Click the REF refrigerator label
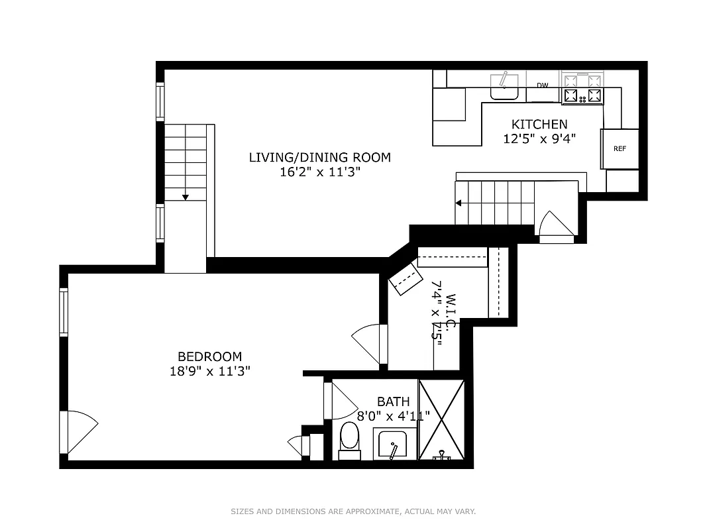coord(620,149)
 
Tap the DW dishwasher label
coord(543,85)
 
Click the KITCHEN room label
coord(539,124)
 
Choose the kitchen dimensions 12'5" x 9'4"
coord(539,139)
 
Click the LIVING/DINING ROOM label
coord(319,158)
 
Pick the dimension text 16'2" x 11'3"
coord(319,173)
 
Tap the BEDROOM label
coord(209,356)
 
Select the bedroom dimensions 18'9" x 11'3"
coord(209,372)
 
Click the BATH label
coord(393,401)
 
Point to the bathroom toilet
coord(349,440)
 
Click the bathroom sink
coord(395,444)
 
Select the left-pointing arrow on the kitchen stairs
coord(459,203)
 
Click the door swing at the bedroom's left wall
coord(80,431)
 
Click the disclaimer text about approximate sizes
coord(353,511)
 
